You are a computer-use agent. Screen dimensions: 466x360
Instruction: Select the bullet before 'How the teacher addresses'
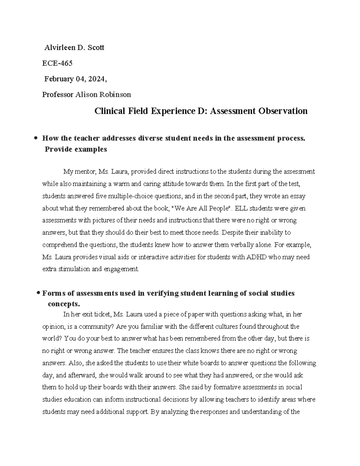(x=36, y=139)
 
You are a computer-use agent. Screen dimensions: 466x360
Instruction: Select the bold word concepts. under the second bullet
(x=64, y=304)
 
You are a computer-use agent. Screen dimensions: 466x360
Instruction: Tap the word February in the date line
(x=59, y=79)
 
